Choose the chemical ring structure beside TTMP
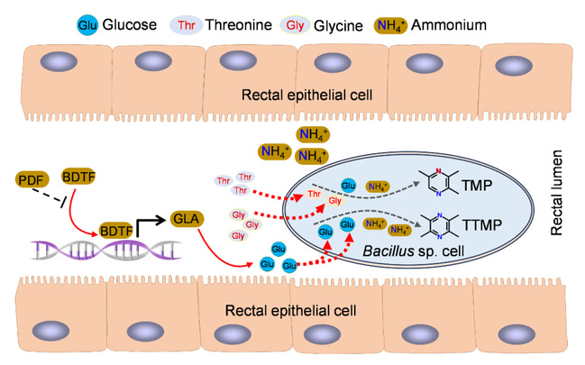tap(463, 222)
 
